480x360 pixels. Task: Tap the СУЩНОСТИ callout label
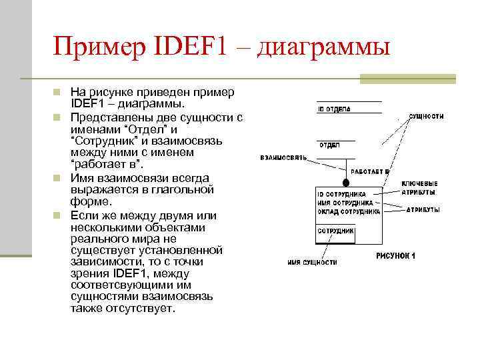(426, 116)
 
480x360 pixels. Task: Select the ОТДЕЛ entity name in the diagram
(330, 145)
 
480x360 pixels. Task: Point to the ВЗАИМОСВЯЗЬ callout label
(283, 158)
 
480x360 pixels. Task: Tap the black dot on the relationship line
(345, 183)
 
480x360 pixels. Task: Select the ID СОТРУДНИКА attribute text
(341, 194)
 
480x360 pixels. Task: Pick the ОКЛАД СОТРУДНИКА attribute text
(348, 211)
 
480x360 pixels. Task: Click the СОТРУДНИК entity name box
(335, 231)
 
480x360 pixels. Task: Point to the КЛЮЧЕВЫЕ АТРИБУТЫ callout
(419, 187)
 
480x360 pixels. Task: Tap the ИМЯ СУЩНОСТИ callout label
(312, 262)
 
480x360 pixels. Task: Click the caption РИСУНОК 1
(395, 255)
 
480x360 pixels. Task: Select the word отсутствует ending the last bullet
(143, 309)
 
